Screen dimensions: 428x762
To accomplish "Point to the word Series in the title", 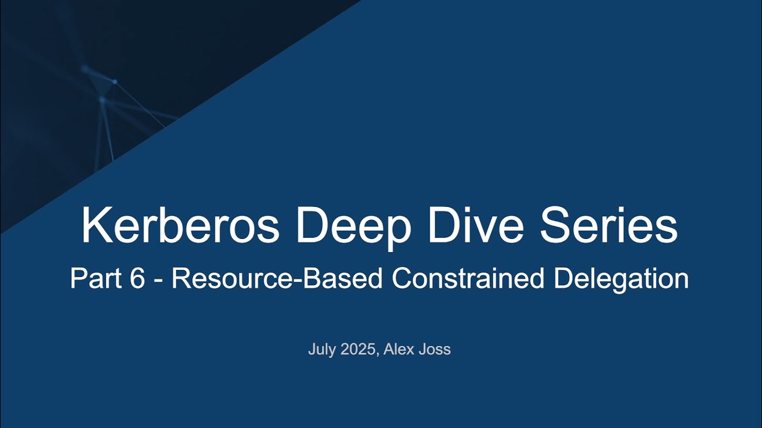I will [609, 226].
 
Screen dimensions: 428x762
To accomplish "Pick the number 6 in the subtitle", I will [136, 279].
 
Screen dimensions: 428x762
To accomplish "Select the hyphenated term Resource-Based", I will [277, 279].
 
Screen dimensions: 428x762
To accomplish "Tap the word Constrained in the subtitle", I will [467, 279].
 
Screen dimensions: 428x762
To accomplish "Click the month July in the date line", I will [322, 350].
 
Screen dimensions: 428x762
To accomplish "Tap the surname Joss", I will [437, 350].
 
